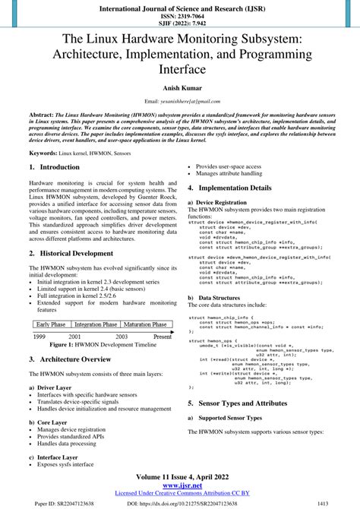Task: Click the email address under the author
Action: pos(180,101)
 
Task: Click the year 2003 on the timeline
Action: pos(122,335)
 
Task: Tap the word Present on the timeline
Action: pos(163,335)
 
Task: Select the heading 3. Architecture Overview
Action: pos(70,359)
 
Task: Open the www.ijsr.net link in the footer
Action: pos(180,485)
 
